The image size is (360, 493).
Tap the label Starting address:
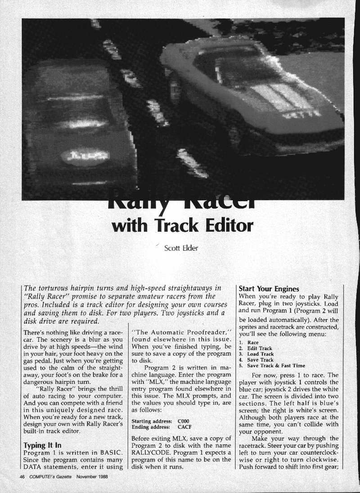[x=150, y=420]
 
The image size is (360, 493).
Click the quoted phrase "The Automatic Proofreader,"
[x=177, y=333]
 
